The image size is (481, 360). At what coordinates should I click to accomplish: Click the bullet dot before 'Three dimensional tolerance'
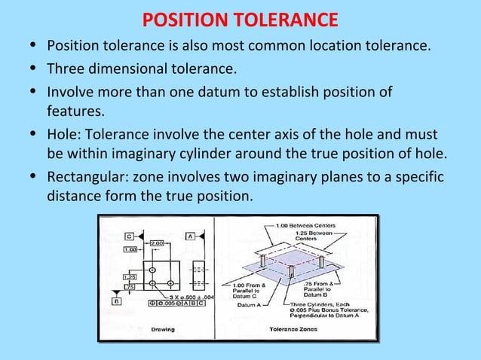(x=35, y=71)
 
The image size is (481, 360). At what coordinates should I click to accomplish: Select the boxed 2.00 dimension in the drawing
(x=157, y=243)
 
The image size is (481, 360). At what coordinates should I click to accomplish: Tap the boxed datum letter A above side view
(x=191, y=235)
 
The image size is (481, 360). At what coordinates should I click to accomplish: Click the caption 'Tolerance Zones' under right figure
(x=293, y=329)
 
